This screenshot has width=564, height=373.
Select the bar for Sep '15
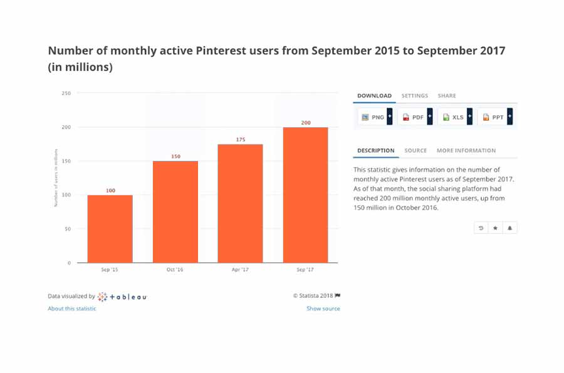point(110,228)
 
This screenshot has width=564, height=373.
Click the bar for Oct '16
point(175,212)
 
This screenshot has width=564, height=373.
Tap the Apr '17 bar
point(240,203)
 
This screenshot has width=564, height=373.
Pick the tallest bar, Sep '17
point(305,195)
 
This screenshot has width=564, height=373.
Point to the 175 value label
point(241,140)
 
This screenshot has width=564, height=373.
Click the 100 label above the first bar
point(110,190)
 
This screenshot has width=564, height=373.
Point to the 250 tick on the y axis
point(66,93)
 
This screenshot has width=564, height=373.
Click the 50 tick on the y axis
point(67,229)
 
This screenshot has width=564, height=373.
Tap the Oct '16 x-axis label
point(175,270)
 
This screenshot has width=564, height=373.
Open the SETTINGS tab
point(414,96)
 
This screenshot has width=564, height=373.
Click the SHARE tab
point(447,96)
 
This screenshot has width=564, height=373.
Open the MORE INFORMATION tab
point(466,151)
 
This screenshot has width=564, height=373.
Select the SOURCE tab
point(415,151)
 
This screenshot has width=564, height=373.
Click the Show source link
point(323,309)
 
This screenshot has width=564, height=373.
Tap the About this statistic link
point(72,309)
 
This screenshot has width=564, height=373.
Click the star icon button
point(495,228)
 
